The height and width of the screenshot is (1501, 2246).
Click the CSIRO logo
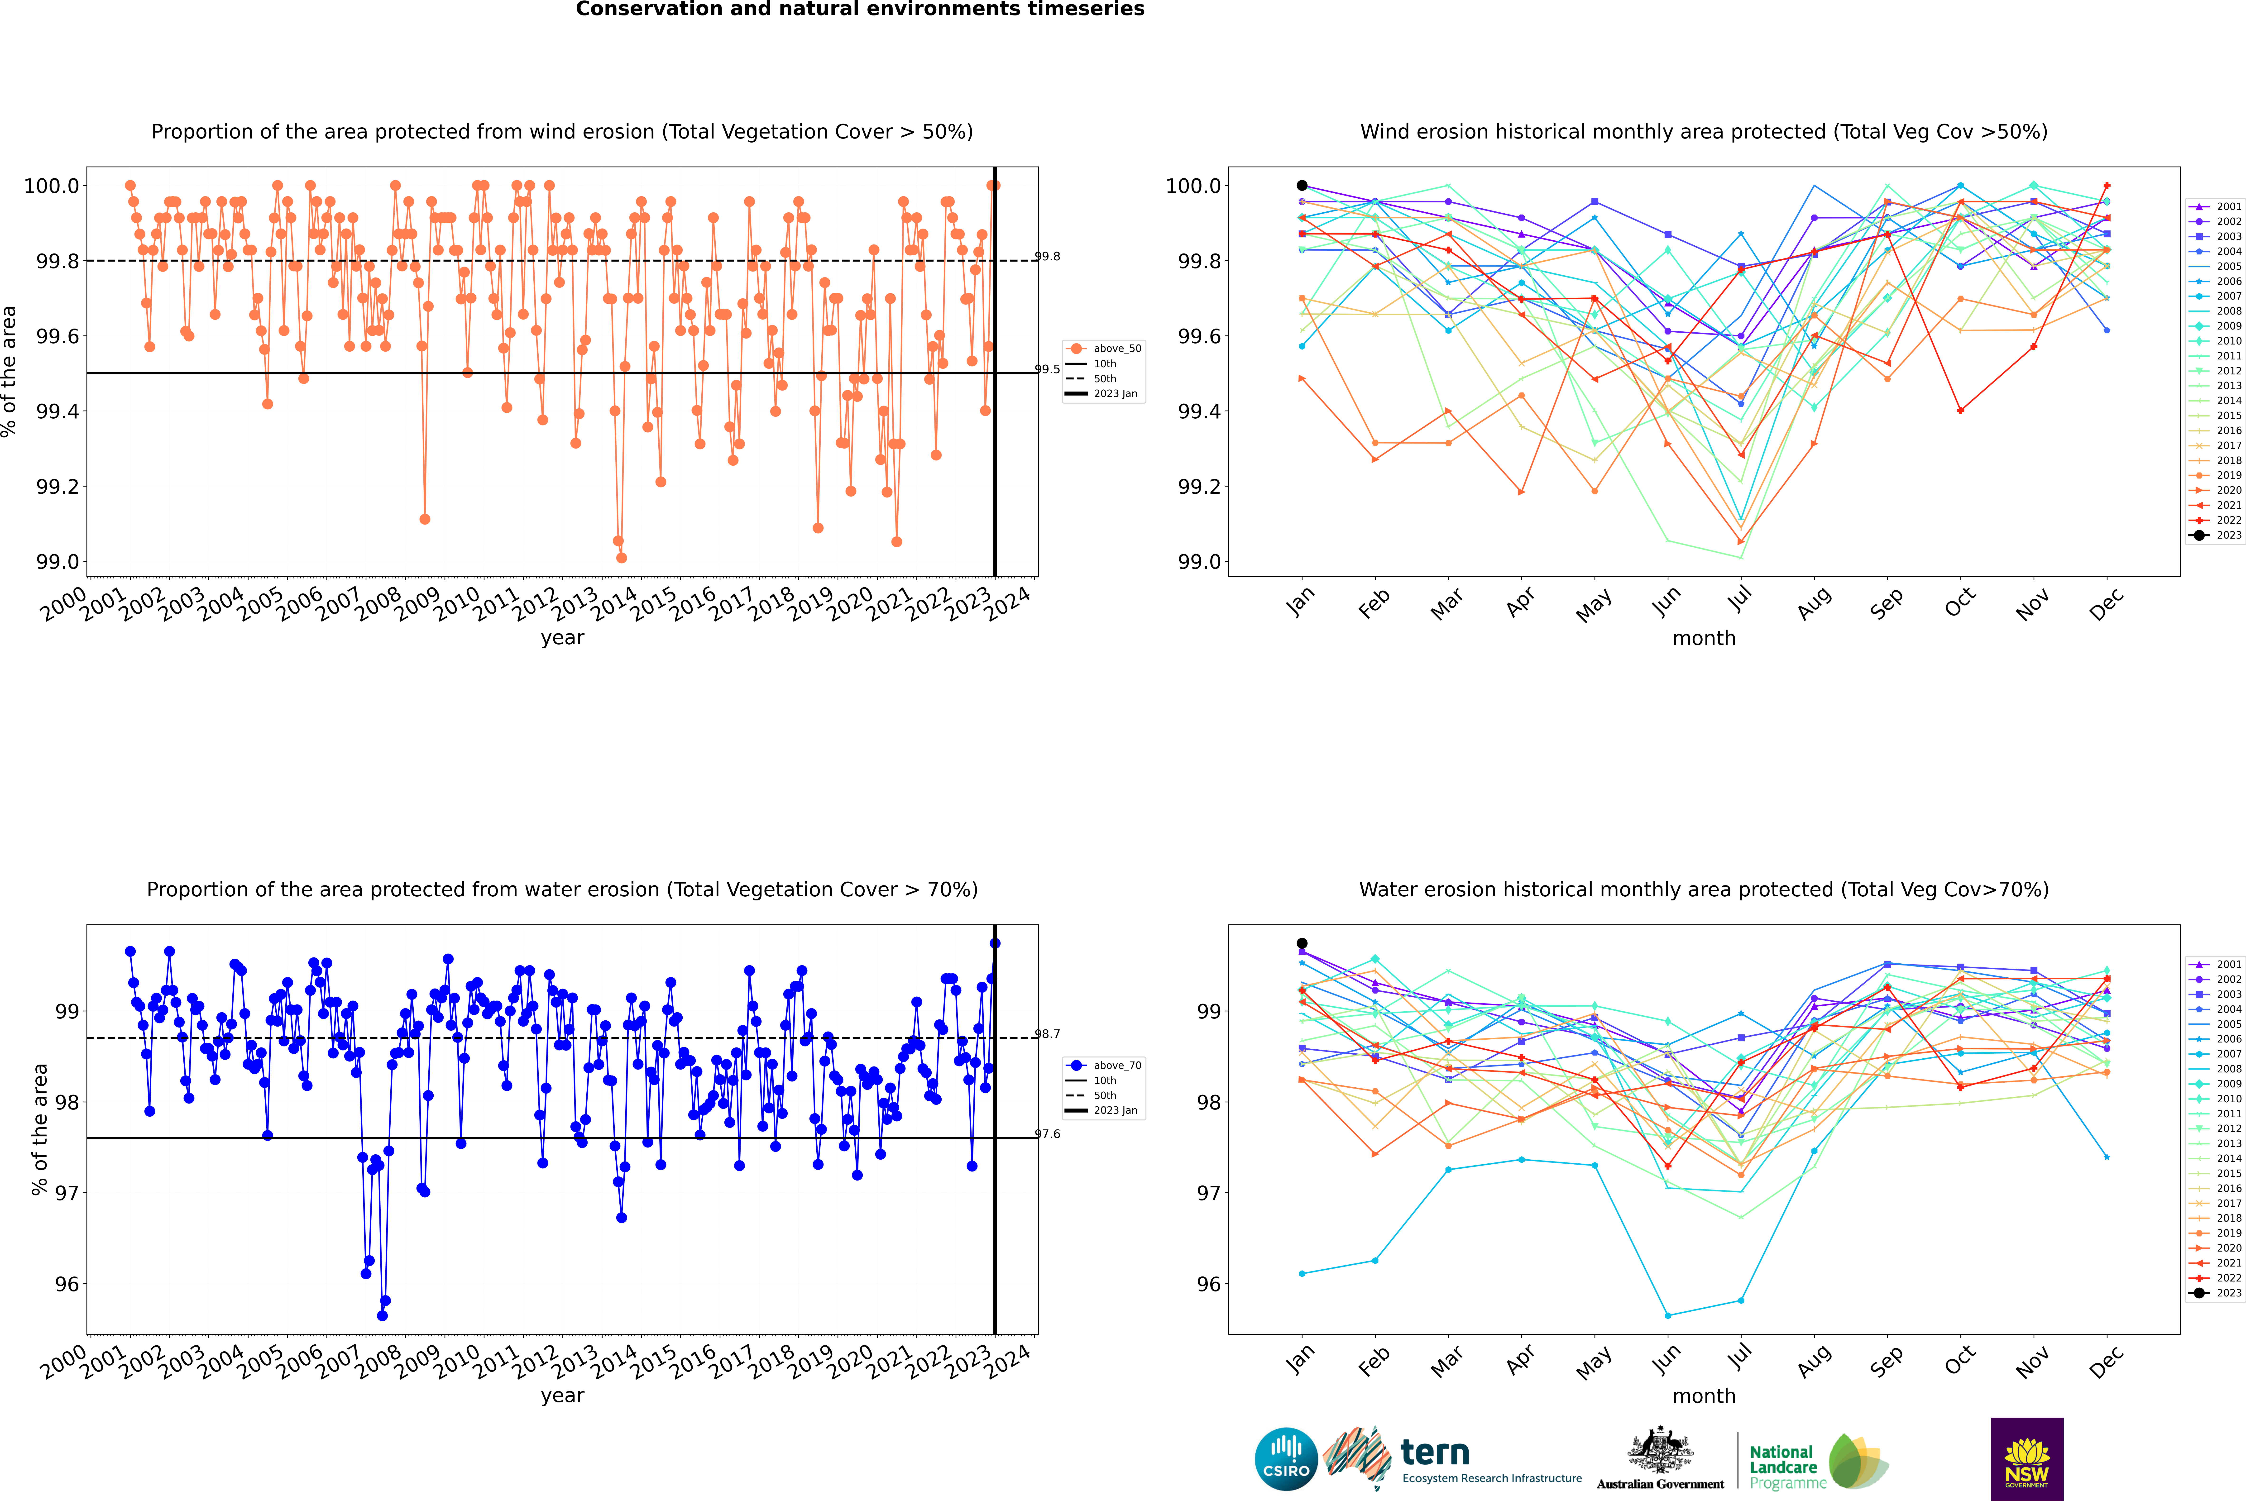(1286, 1459)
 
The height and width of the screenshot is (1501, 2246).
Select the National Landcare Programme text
(1783, 1467)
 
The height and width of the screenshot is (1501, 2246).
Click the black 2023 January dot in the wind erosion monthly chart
(1302, 186)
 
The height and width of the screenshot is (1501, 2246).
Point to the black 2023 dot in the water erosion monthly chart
(1302, 944)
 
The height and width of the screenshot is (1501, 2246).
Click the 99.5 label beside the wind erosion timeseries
(1047, 369)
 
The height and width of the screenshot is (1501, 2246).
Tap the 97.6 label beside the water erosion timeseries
(1047, 1134)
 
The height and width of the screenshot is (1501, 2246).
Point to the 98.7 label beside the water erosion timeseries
(1047, 1034)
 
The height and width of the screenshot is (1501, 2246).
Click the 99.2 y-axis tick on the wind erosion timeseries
(57, 486)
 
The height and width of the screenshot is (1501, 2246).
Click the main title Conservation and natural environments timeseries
(860, 10)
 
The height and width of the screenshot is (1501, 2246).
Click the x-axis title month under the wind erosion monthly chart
(1704, 639)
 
